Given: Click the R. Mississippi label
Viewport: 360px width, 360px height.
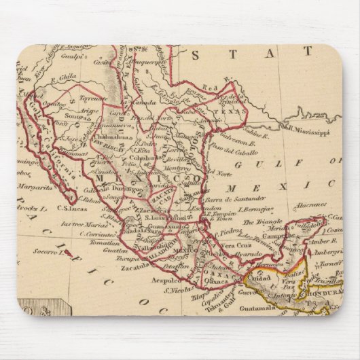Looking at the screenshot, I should (x=308, y=126).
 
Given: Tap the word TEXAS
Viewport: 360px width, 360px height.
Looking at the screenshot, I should (x=221, y=108).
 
